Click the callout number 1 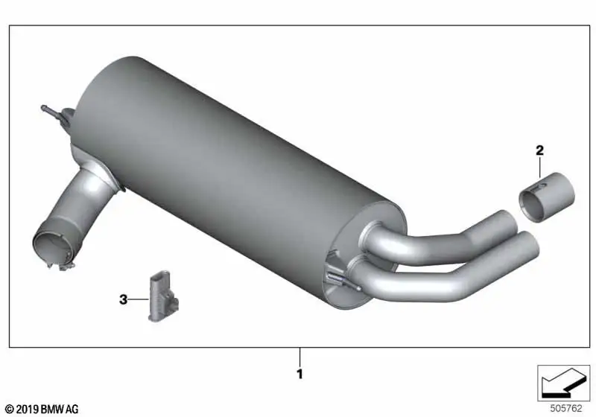[300, 374]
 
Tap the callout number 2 [539, 150]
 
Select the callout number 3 [123, 299]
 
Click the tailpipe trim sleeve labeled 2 [547, 197]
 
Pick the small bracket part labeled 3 [163, 296]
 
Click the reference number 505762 [566, 408]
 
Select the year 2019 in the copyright [27, 410]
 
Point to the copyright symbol [10, 410]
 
